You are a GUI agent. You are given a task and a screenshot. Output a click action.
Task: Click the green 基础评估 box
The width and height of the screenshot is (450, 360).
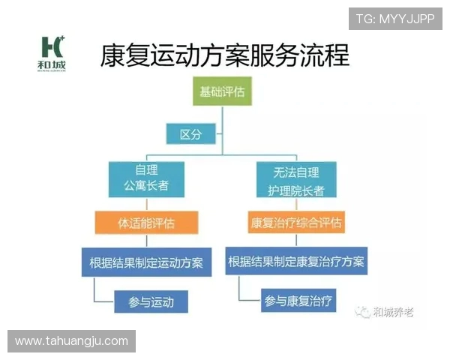coord(222,94)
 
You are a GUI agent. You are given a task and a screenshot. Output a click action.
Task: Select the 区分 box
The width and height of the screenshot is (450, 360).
coord(191,134)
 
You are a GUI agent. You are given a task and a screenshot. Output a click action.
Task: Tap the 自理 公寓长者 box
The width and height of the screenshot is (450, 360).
coord(147,180)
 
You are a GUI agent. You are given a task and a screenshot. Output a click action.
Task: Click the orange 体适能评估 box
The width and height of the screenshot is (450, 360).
coord(146,223)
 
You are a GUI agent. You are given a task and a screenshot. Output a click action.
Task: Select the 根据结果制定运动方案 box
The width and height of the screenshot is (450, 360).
coord(146,262)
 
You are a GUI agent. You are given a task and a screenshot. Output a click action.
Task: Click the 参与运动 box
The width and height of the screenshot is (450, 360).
coord(151,302)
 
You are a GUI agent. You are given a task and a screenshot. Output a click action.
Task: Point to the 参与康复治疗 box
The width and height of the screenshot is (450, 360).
coord(299,301)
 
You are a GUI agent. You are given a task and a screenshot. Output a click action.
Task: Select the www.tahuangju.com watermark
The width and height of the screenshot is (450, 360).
coord(71,341)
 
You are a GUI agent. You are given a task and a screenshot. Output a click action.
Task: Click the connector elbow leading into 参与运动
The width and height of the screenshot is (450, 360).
coord(94,301)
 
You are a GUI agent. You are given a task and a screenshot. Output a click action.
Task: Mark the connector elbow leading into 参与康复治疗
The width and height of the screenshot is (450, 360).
coord(239,301)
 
